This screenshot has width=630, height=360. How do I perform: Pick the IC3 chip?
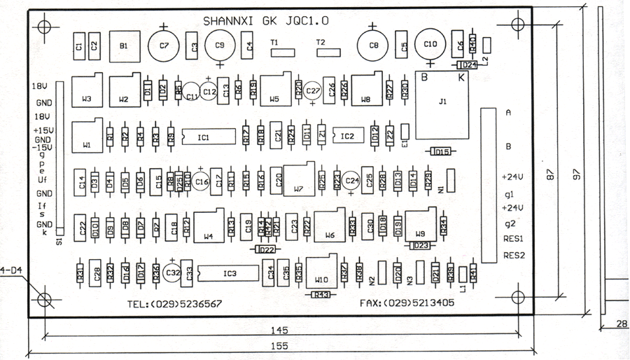point(230,273)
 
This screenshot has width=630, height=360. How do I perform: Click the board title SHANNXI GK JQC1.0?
point(265,21)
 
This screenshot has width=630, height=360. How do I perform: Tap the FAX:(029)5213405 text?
point(406,305)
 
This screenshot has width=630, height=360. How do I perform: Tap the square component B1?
point(124,46)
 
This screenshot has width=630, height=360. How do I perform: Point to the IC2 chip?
point(347,137)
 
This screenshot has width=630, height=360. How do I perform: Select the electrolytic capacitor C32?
point(172,273)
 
